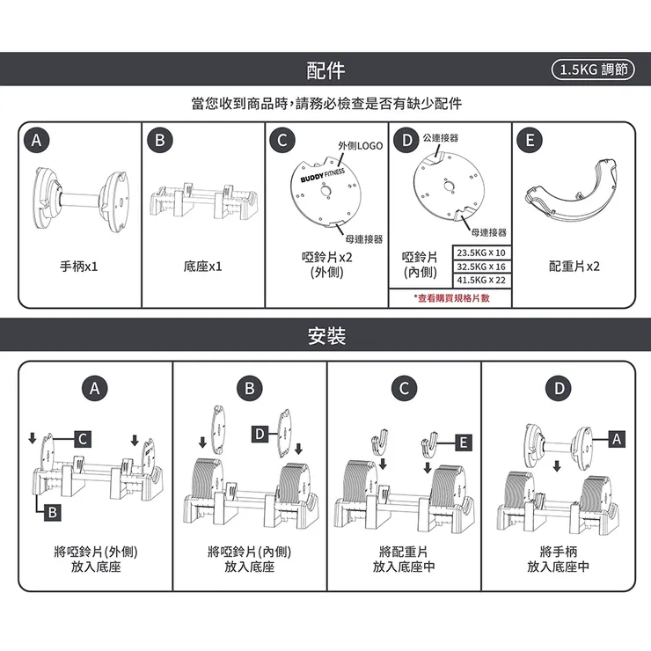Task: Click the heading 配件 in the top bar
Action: pos(325,69)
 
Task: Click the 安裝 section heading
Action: pos(325,336)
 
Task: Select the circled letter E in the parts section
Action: pos(529,140)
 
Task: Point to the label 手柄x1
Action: pos(79,266)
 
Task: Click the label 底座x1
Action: pos(202,266)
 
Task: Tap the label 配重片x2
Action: pos(574,266)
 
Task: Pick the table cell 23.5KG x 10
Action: pos(481,253)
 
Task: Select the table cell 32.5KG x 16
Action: pos(481,267)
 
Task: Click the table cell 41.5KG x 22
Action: pos(481,280)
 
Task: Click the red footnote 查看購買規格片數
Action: pos(451,297)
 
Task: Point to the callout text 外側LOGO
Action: pos(360,145)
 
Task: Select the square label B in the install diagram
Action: pos(53,512)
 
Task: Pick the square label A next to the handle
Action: pos(616,437)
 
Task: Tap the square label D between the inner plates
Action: pos(260,435)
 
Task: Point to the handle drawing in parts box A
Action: pos(79,196)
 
